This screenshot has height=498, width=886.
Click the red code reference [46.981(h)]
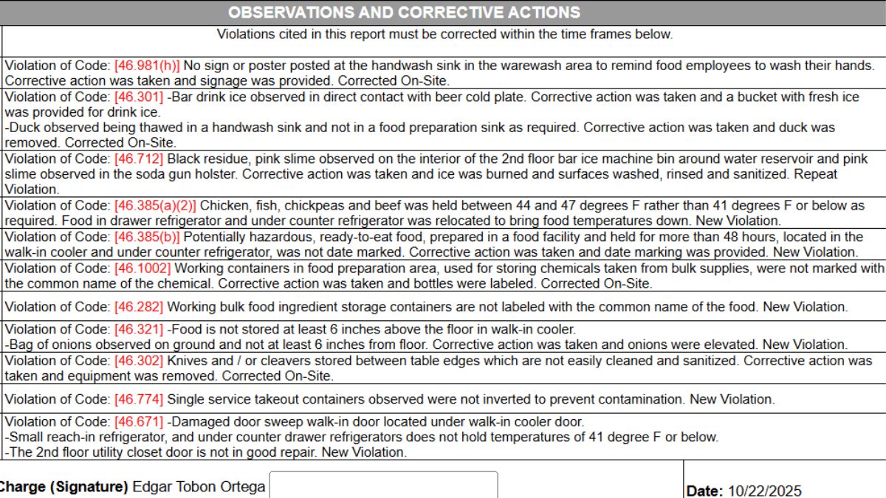tap(147, 65)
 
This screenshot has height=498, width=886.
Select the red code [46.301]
tap(139, 97)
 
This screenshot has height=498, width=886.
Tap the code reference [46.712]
tap(139, 159)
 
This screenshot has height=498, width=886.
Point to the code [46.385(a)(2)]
tap(155, 205)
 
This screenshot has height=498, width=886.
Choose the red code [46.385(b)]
tap(147, 236)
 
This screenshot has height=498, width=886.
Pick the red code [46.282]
tap(139, 306)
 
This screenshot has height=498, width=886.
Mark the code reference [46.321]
tap(139, 329)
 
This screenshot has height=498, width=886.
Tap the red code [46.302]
tap(139, 361)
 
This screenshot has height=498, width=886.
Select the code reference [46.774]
tap(139, 399)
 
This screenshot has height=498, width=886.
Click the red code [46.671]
tap(139, 422)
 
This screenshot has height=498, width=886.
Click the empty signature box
tap(383, 485)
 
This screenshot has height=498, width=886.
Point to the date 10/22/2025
tap(764, 491)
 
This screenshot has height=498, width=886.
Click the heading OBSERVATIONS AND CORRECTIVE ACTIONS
tap(404, 13)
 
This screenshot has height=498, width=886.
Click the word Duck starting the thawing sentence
tap(23, 128)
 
